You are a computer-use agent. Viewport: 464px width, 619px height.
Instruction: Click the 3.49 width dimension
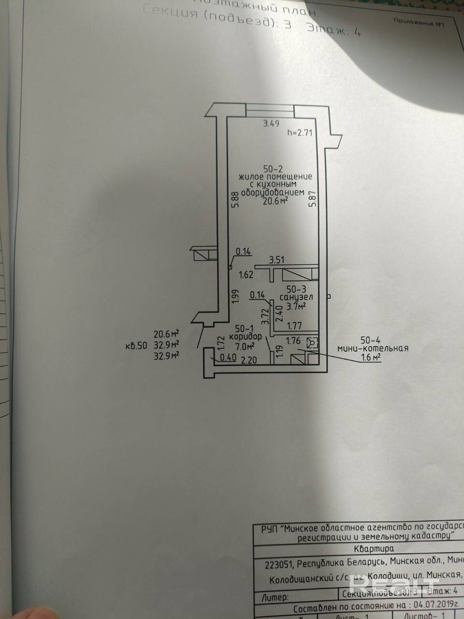(x=271, y=124)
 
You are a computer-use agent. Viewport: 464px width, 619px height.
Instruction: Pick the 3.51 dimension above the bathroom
(x=276, y=260)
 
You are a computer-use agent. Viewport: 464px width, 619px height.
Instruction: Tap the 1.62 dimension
(x=246, y=275)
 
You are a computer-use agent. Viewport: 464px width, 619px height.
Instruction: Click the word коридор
(x=246, y=337)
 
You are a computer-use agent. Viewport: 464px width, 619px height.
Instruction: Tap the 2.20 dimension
(x=248, y=360)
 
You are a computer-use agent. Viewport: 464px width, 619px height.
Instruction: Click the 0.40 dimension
(x=228, y=358)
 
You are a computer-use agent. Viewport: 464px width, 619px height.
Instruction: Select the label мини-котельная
(x=373, y=348)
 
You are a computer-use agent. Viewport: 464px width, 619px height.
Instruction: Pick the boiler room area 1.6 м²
(x=371, y=357)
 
